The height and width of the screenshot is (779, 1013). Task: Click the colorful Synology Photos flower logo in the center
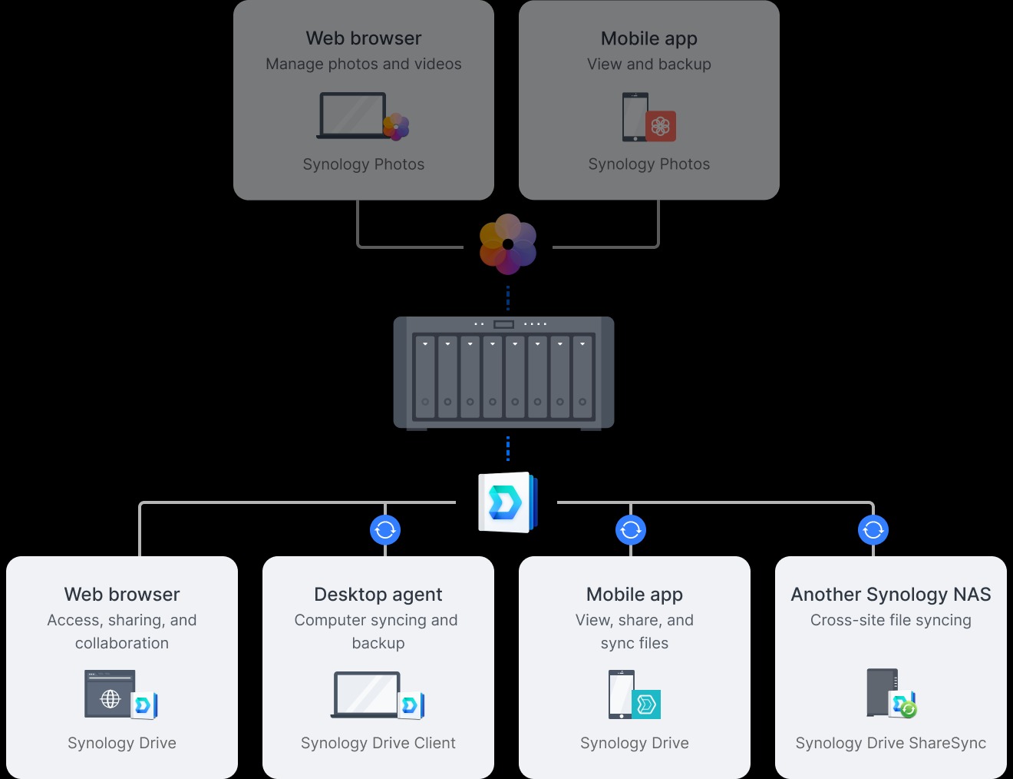click(x=507, y=244)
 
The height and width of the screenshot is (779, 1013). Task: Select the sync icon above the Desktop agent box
click(x=385, y=529)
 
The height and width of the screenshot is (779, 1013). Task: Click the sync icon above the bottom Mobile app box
click(x=631, y=529)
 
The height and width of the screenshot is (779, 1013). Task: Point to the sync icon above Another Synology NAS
click(x=873, y=529)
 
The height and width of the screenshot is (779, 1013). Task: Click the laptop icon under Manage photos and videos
click(x=353, y=116)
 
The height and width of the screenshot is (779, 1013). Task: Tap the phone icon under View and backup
click(x=635, y=117)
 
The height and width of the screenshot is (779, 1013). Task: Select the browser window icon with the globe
click(x=111, y=694)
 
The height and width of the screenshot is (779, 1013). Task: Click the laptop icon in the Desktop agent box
click(x=367, y=694)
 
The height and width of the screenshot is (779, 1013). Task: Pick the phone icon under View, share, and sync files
click(x=621, y=694)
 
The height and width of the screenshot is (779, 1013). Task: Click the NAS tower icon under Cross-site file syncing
click(x=882, y=692)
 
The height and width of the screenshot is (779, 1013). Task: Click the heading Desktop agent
click(x=378, y=595)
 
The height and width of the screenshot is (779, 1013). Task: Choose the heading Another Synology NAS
click(x=890, y=595)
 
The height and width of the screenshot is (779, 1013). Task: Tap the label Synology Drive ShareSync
click(x=890, y=743)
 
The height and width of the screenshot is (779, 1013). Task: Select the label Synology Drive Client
click(x=378, y=743)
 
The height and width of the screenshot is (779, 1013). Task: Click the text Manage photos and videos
click(x=364, y=65)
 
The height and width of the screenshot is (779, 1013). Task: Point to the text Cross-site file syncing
click(x=890, y=620)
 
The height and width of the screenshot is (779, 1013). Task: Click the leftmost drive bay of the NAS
click(x=425, y=376)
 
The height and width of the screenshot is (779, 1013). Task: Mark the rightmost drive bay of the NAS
click(x=582, y=376)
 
